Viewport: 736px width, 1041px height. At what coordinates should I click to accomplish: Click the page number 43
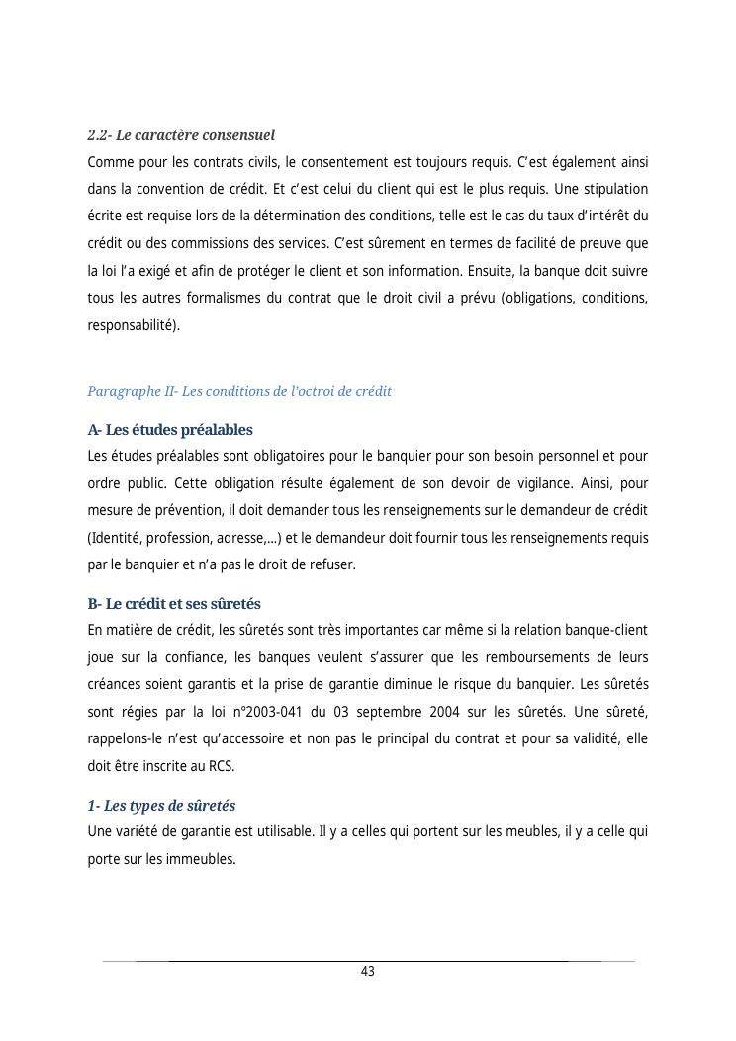coord(368,972)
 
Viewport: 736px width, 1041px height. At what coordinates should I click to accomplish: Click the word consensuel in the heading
coord(238,134)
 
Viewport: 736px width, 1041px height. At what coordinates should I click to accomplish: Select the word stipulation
coord(615,189)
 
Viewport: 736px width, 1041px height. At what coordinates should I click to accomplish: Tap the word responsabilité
coord(134,324)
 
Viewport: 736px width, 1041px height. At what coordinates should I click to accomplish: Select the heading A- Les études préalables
coord(170,430)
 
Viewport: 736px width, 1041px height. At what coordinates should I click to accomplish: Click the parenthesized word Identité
coord(117,538)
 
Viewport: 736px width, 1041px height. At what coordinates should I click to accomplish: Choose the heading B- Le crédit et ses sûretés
coord(174,604)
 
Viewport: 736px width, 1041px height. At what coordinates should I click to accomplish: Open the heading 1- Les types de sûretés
coord(161,806)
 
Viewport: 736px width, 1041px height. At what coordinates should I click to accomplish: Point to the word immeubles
coord(206,859)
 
